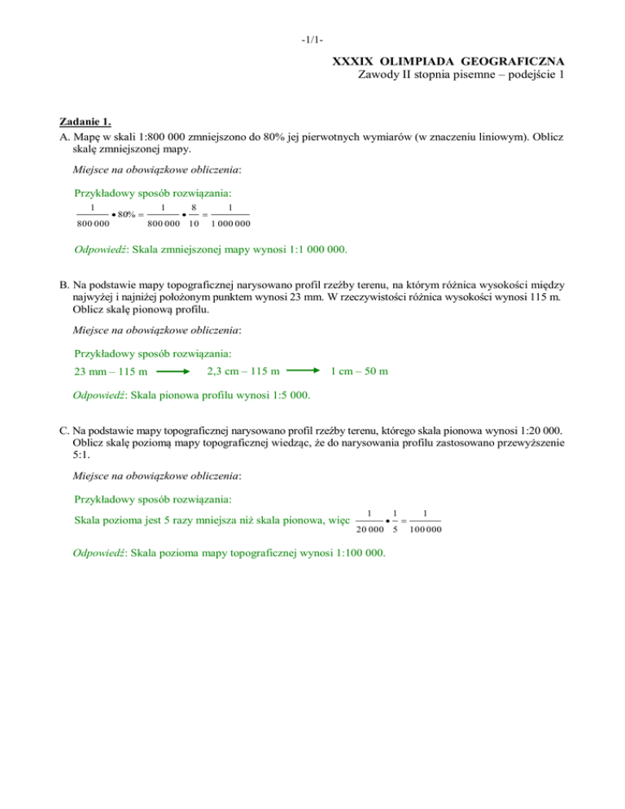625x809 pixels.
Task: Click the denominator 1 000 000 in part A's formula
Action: coord(230,224)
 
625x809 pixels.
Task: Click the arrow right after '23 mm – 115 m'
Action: coord(173,372)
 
